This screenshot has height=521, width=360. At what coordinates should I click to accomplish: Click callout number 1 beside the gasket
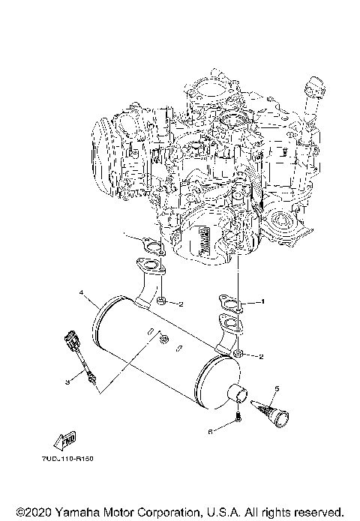point(263,301)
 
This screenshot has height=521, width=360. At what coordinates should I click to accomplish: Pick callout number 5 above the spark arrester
point(276,388)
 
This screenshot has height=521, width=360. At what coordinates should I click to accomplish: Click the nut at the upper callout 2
point(161,302)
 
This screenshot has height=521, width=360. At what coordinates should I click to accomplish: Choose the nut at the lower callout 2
point(237,354)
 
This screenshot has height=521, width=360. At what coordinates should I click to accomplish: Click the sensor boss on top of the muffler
point(160,340)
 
